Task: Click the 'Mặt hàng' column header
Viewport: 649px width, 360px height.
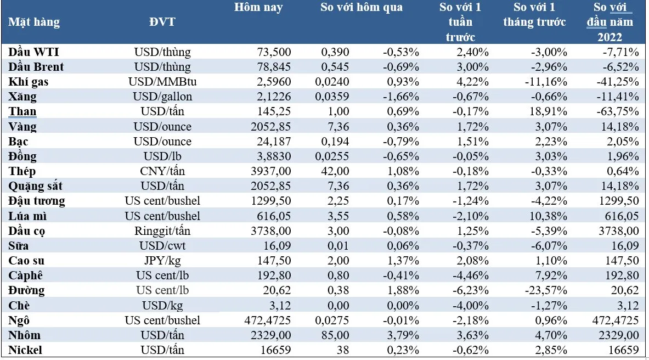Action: click(x=34, y=22)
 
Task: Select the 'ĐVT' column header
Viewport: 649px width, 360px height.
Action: click(x=162, y=22)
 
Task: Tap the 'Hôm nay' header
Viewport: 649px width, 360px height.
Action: click(x=258, y=8)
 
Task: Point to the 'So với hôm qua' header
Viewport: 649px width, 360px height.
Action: click(x=361, y=8)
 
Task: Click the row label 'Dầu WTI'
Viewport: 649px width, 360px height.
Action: click(x=34, y=52)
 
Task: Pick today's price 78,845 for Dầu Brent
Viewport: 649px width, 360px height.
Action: click(x=274, y=67)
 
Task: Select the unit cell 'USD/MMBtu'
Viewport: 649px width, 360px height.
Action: click(x=162, y=82)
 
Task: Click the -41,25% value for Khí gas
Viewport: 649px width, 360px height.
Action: click(x=619, y=82)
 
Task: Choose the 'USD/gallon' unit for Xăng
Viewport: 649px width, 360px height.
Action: click(x=162, y=97)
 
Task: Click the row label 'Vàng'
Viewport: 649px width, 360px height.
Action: click(x=23, y=127)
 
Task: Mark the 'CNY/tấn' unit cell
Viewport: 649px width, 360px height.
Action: click(x=162, y=171)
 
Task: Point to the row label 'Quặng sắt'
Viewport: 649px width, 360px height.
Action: click(x=35, y=186)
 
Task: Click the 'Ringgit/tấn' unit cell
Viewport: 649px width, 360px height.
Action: click(x=162, y=231)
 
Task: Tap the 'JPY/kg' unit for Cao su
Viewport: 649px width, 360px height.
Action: click(x=162, y=261)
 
